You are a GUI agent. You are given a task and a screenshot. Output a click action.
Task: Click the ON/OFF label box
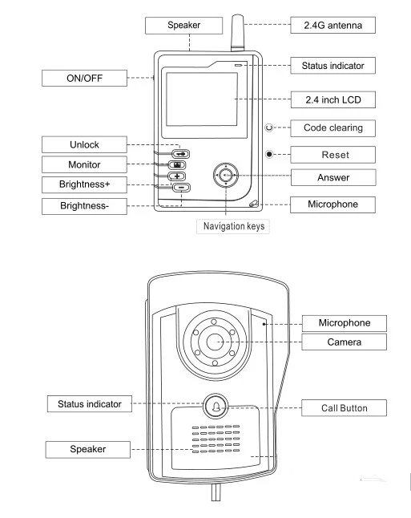click(84, 79)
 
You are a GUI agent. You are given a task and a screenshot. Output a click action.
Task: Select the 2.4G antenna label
click(332, 25)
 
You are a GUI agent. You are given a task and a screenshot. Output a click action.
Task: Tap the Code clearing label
click(332, 127)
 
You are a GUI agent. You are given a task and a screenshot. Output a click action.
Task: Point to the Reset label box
click(332, 155)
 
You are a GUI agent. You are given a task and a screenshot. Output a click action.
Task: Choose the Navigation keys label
click(233, 226)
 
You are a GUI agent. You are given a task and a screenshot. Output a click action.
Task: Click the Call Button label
click(344, 408)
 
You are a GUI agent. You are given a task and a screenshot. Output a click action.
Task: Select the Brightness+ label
click(84, 184)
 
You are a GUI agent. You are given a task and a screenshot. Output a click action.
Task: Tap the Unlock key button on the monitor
click(180, 154)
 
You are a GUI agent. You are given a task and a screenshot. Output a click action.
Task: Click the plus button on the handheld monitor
click(177, 176)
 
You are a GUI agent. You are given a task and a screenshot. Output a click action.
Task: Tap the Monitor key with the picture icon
click(177, 165)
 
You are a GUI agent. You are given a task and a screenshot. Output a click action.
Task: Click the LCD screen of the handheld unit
click(202, 99)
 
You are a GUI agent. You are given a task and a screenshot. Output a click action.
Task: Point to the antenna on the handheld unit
click(237, 32)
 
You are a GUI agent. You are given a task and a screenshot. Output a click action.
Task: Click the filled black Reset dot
click(269, 154)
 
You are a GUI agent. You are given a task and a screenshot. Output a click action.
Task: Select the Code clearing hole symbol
click(269, 127)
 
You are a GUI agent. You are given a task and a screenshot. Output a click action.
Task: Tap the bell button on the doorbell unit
click(216, 406)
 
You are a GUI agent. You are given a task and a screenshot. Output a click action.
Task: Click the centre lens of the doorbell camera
click(215, 342)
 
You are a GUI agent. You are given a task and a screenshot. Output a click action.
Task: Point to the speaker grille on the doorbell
click(216, 439)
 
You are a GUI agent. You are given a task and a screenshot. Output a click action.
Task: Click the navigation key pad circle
click(226, 175)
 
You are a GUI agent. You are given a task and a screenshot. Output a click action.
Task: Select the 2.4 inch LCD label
click(333, 99)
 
